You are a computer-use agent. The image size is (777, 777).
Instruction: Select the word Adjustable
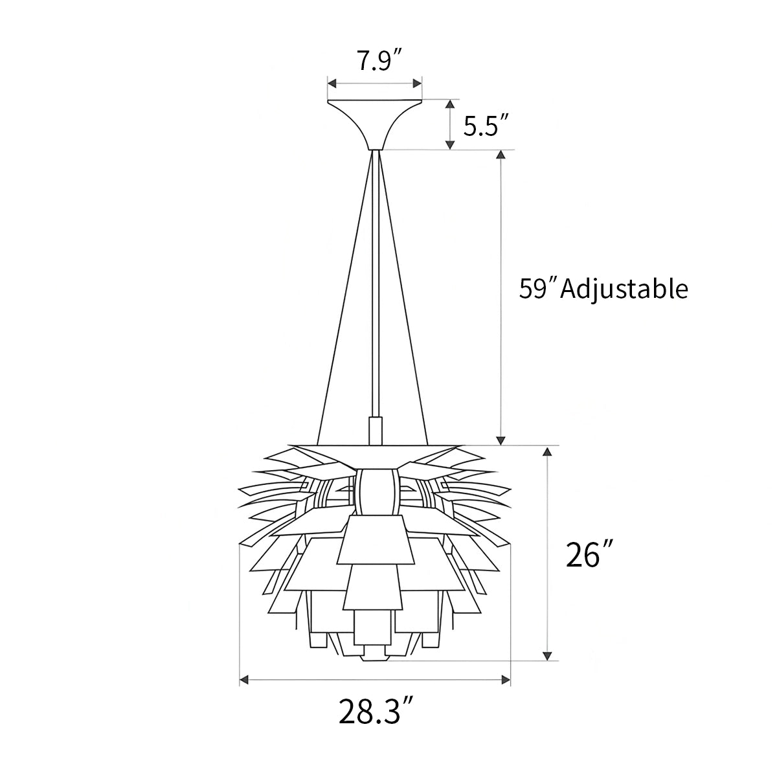point(624,289)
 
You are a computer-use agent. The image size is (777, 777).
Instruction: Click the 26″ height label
point(589,555)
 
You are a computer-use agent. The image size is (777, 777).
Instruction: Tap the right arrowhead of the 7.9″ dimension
point(418,84)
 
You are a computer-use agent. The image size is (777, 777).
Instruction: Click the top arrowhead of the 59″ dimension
point(500,155)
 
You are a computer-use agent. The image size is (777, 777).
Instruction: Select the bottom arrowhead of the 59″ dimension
point(500,440)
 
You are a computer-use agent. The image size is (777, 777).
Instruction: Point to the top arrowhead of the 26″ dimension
point(548,451)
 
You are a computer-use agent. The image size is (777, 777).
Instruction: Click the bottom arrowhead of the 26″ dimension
point(548,655)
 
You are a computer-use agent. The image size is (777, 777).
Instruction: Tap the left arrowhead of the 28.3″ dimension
point(244,679)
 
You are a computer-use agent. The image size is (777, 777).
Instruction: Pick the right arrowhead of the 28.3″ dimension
point(506,679)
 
